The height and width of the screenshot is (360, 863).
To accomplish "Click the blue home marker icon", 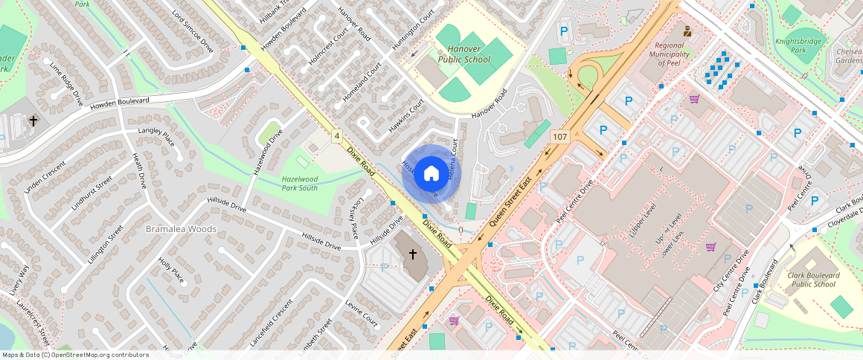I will pos(431,174).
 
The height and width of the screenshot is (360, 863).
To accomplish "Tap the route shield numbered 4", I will pos(337,136).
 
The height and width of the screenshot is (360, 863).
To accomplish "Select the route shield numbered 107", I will pos(560,137).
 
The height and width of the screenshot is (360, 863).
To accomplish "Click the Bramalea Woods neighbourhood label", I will pos(181,228).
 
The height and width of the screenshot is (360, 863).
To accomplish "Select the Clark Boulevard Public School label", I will pos(811,279).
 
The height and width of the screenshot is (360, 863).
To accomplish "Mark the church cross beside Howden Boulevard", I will pos(33,120).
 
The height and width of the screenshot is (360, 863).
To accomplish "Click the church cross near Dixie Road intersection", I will pos(413,254).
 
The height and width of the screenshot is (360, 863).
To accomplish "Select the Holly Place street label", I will pos(171,270).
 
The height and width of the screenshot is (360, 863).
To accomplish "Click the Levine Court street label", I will pos(362,314).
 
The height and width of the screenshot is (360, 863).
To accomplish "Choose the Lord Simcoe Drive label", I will pos(193,30).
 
